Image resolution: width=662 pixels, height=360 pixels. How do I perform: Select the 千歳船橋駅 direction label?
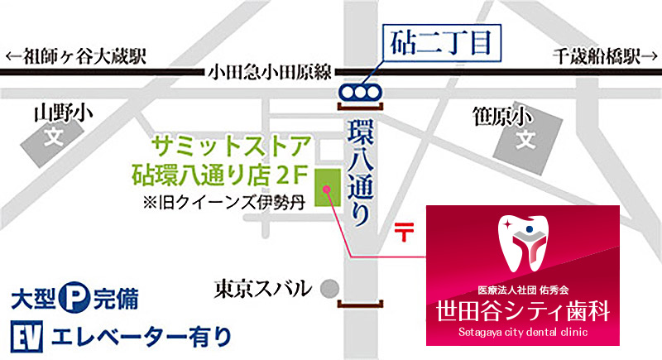[597, 57]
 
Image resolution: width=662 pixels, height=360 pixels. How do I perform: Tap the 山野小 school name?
[59, 113]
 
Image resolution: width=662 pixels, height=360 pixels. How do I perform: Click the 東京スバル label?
[261, 288]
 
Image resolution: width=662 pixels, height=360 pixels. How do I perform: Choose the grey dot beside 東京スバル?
[330, 289]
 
